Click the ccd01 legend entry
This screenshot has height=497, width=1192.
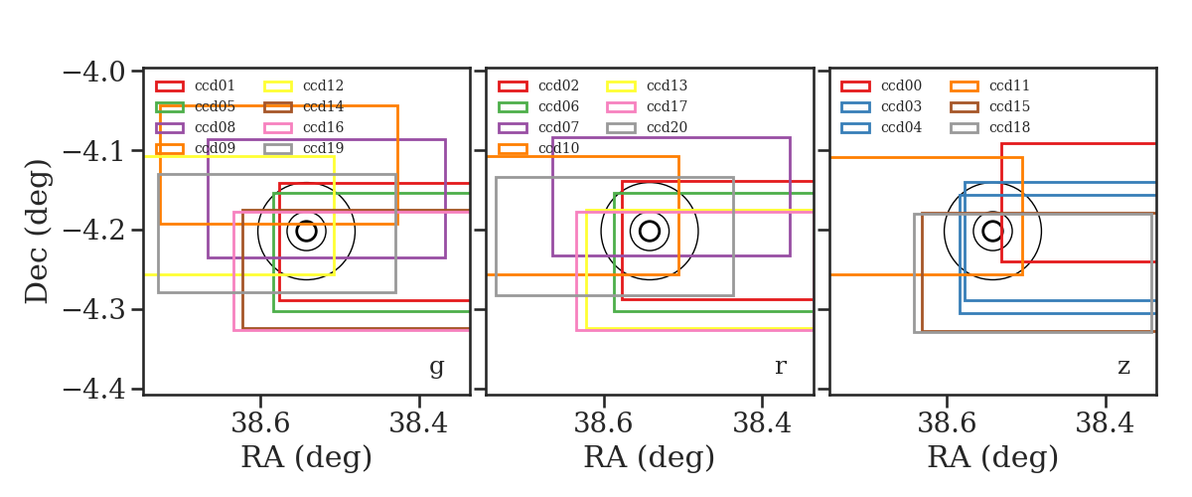[x=195, y=85]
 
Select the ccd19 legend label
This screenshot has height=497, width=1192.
[x=323, y=148]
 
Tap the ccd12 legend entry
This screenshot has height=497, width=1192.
[x=303, y=85]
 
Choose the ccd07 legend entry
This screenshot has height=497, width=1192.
[x=538, y=127]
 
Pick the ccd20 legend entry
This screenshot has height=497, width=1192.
[x=647, y=127]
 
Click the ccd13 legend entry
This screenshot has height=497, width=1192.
[x=647, y=85]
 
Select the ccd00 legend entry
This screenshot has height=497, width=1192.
[x=881, y=85]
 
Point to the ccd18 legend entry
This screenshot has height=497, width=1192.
[x=989, y=127]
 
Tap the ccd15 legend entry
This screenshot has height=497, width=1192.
[x=989, y=106]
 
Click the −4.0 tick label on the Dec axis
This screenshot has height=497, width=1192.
[x=94, y=72]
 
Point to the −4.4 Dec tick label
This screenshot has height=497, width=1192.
[x=94, y=390]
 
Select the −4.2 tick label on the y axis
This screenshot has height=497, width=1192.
[x=94, y=231]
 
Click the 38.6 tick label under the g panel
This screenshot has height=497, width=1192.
[x=260, y=423]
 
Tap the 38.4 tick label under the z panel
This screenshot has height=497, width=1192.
[x=1105, y=423]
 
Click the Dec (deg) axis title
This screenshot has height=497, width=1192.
[x=38, y=232]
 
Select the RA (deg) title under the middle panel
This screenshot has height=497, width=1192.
[x=650, y=457]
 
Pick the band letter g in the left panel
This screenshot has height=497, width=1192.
[x=436, y=368]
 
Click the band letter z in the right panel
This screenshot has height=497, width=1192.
[x=1123, y=367]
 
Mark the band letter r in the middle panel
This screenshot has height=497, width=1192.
[x=780, y=367]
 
